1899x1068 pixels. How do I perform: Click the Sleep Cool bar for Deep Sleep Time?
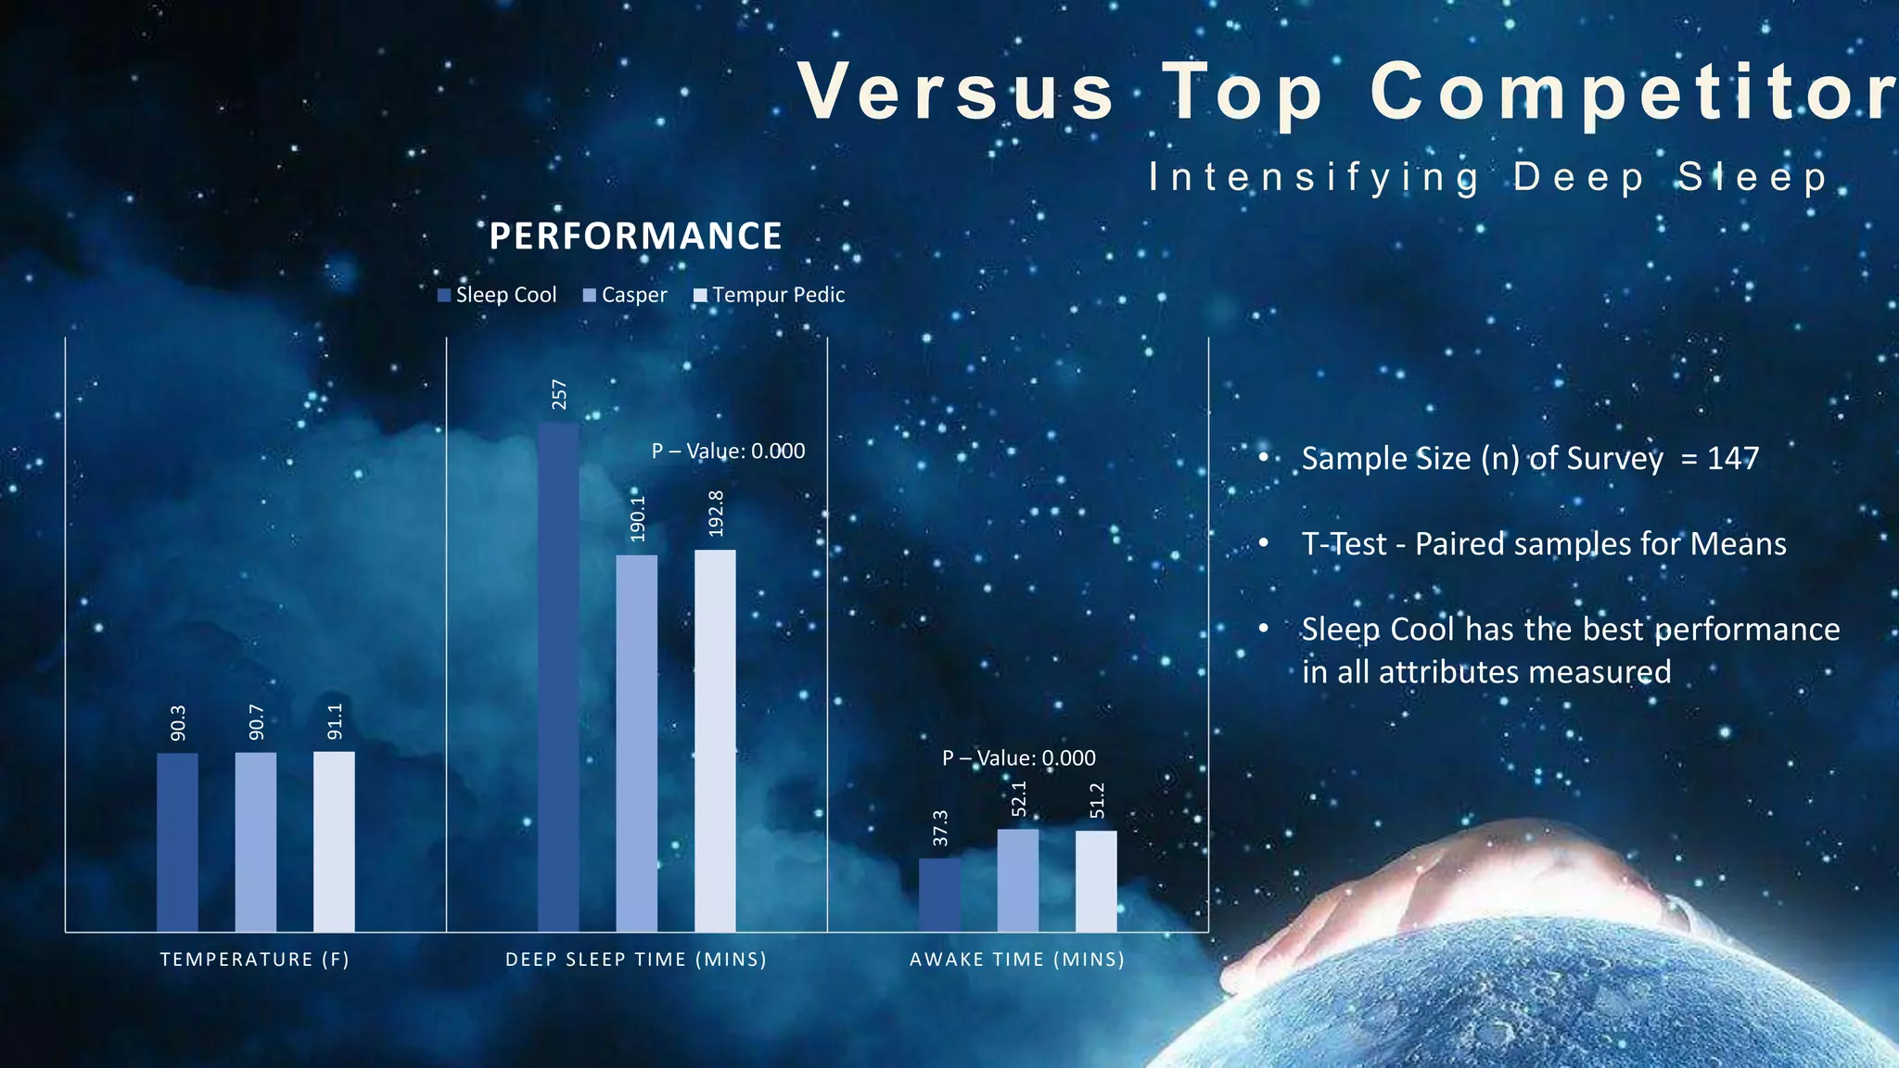(558, 677)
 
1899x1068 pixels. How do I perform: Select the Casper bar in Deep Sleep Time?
(636, 742)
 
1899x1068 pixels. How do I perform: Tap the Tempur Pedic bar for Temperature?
(334, 841)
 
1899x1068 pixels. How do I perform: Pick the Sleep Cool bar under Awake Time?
(939, 895)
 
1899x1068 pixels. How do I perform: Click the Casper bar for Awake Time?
(1017, 880)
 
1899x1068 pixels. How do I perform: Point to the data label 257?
(559, 394)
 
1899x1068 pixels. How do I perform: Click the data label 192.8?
(716, 514)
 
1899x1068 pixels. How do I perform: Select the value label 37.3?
(940, 828)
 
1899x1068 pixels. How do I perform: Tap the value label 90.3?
(178, 723)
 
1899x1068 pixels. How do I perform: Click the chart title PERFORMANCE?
(635, 236)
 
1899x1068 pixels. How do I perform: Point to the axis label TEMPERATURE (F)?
(255, 960)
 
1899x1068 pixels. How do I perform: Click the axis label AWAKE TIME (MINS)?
(1017, 960)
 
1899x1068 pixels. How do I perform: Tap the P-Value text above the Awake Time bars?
(1018, 757)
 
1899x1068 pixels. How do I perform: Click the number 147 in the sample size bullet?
(1732, 458)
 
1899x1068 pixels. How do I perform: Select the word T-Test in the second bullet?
(1344, 544)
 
